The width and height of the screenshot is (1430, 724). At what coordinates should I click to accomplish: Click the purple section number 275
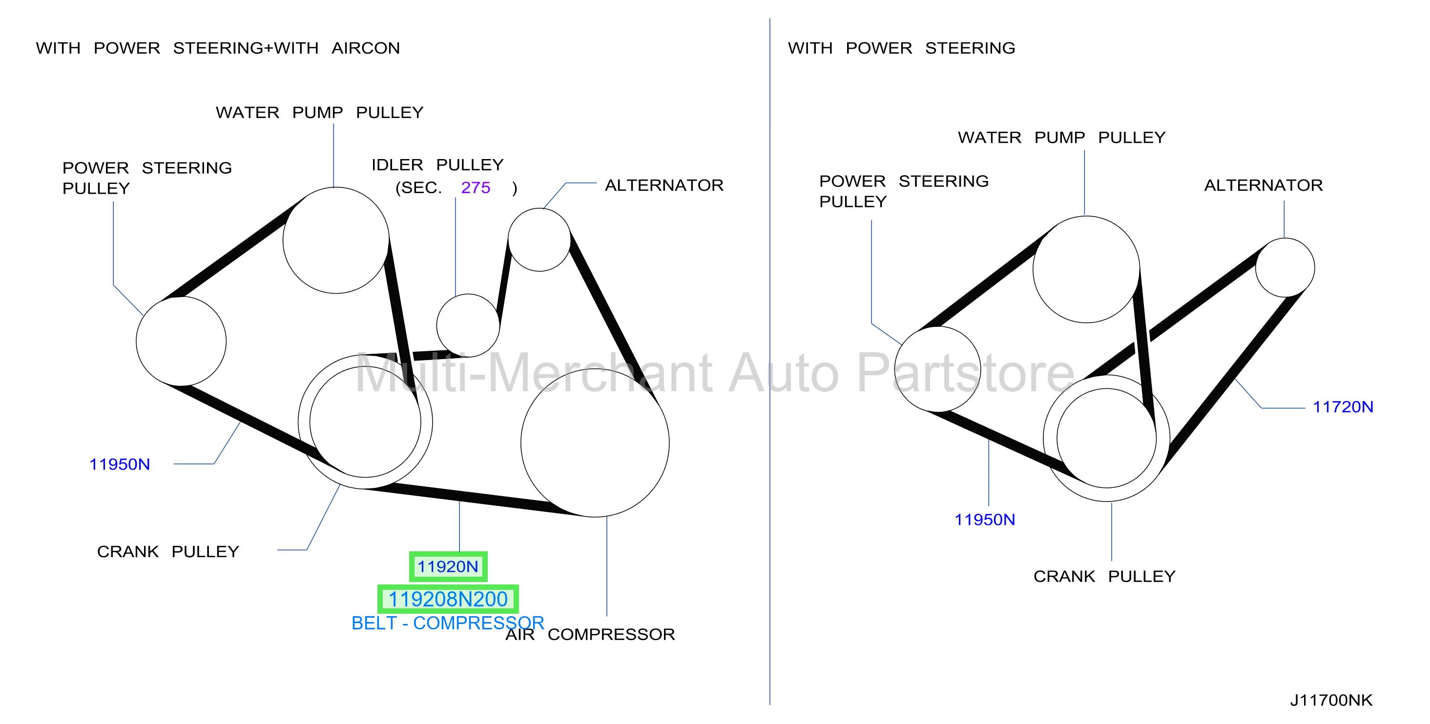[475, 187]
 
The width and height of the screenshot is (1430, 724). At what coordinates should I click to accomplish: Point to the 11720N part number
[1342, 407]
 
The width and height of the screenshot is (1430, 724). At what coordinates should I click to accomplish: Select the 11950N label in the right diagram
[984, 520]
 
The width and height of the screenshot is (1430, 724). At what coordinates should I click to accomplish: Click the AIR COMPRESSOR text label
[590, 634]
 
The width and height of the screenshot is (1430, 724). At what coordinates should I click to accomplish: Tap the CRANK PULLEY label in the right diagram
[1104, 577]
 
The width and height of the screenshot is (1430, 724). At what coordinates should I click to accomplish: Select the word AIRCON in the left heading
[365, 48]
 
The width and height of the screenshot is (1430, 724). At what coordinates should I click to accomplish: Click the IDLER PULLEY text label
[437, 165]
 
